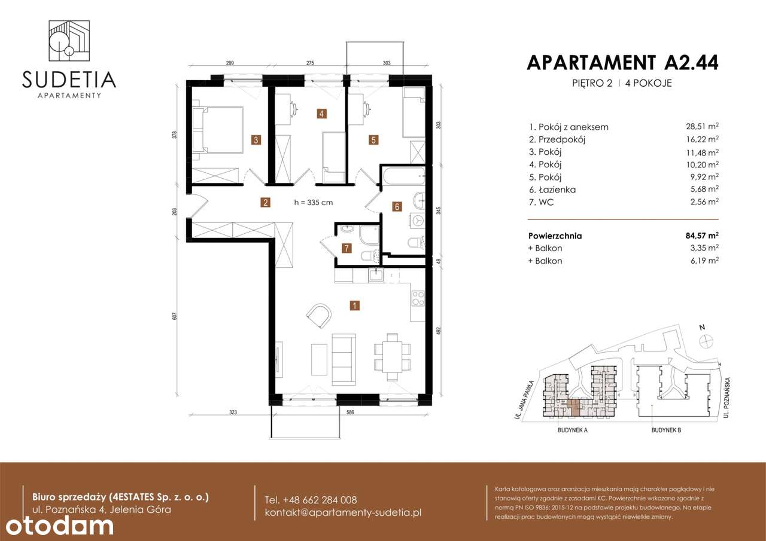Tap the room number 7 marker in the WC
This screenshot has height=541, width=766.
(x=345, y=247)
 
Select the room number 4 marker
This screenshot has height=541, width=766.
(x=322, y=113)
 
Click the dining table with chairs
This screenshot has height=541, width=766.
(x=391, y=357)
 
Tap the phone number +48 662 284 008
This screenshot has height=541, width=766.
(x=311, y=500)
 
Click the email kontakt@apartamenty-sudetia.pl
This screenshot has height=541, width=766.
(x=344, y=513)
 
